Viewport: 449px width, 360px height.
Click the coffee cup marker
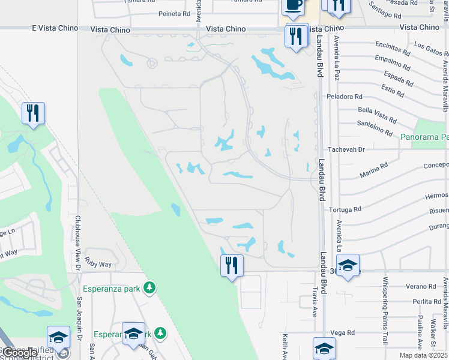pyautogui.click(x=293, y=6)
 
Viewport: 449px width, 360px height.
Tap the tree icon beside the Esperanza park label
pyautogui.click(x=150, y=289)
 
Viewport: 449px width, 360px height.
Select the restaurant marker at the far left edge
pyautogui.click(x=33, y=113)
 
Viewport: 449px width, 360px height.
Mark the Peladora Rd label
pyautogui.click(x=345, y=96)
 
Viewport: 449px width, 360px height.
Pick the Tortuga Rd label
pyautogui.click(x=345, y=209)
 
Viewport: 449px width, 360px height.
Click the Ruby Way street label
pyautogui.click(x=98, y=264)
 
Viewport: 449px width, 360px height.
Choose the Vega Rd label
pyautogui.click(x=343, y=332)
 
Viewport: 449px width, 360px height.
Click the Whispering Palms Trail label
pyautogui.click(x=385, y=302)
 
